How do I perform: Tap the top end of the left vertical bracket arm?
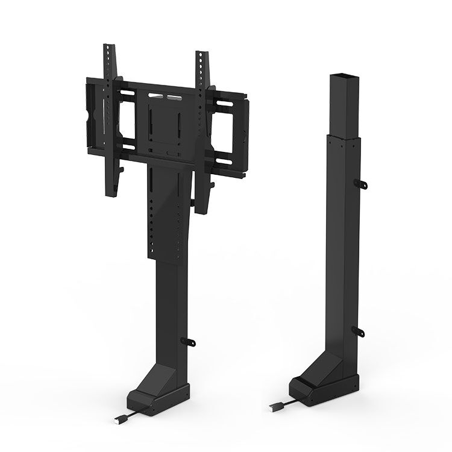[x=109, y=48]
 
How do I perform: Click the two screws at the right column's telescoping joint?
[x=342, y=140]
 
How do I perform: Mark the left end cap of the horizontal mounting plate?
[x=91, y=115]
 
